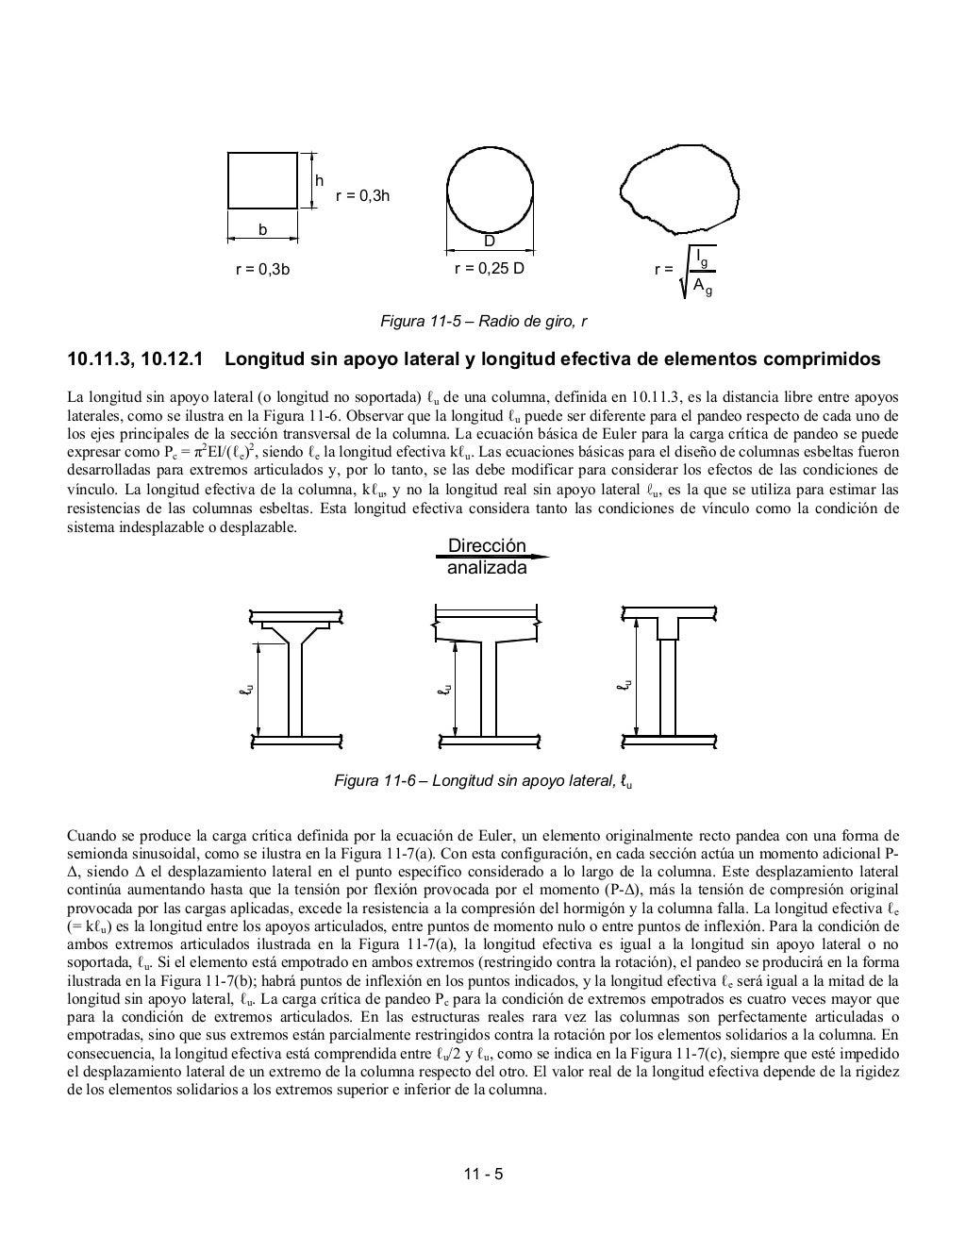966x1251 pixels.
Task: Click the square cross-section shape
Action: pyautogui.click(x=263, y=179)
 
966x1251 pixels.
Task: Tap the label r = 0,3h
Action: pyautogui.click(x=362, y=196)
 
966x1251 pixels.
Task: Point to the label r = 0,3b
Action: pyautogui.click(x=262, y=269)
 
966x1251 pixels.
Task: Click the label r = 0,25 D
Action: pyautogui.click(x=489, y=268)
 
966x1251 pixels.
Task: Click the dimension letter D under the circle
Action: pyautogui.click(x=489, y=242)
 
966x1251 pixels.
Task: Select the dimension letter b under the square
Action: pyautogui.click(x=263, y=229)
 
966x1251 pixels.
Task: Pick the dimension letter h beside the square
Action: pyautogui.click(x=319, y=180)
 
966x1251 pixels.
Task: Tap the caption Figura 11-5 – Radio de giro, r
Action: pyautogui.click(x=483, y=322)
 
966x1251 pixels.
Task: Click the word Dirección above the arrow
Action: pyautogui.click(x=487, y=546)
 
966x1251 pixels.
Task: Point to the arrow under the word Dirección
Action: pyautogui.click(x=491, y=558)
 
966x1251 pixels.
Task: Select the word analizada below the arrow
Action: pyautogui.click(x=487, y=569)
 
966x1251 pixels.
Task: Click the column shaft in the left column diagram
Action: pyautogui.click(x=294, y=689)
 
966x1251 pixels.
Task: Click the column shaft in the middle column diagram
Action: pyautogui.click(x=490, y=689)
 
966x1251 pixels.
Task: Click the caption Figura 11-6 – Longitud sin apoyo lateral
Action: pyautogui.click(x=483, y=780)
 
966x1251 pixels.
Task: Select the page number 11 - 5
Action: pyautogui.click(x=483, y=1175)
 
